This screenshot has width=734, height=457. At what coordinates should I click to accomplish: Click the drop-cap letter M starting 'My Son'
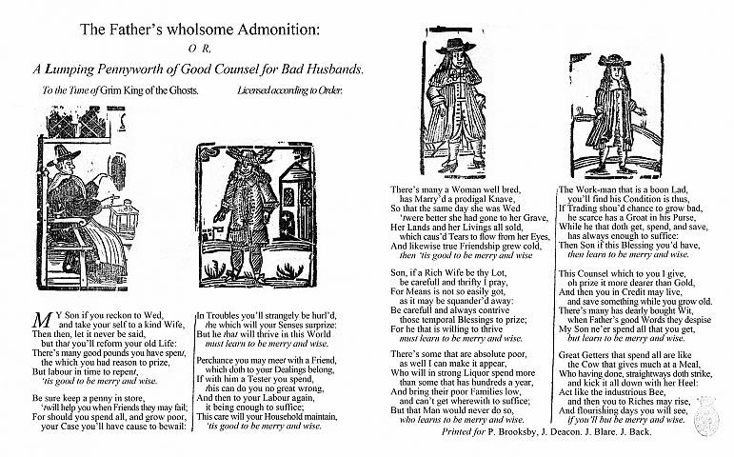pyautogui.click(x=40, y=317)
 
